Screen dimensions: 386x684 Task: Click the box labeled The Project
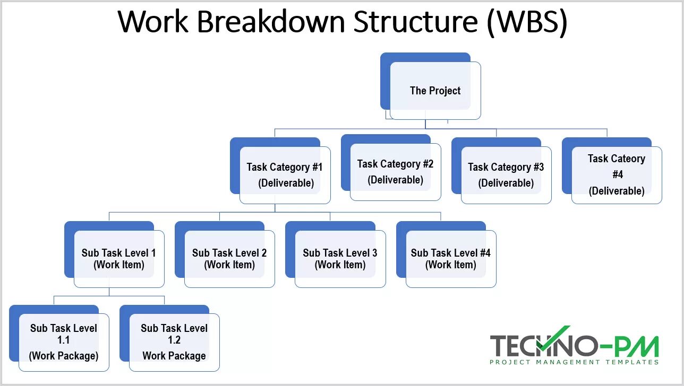(435, 91)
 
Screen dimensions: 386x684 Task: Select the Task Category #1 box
(285, 175)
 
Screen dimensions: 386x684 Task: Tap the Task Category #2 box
(395, 172)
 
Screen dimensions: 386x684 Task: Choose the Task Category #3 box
(506, 175)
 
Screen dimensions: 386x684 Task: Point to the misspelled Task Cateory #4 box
(616, 174)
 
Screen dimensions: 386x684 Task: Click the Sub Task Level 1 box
(118, 259)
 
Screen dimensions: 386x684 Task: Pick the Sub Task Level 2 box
(229, 259)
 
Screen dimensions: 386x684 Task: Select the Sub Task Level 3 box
(340, 259)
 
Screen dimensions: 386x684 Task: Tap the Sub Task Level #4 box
(450, 259)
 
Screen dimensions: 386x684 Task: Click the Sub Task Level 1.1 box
(64, 342)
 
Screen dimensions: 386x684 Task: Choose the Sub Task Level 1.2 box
(174, 342)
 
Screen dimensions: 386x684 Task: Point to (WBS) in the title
(527, 22)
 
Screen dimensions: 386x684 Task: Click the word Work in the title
(153, 22)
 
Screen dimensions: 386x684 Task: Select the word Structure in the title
(415, 22)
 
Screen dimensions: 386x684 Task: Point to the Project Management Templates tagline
(574, 362)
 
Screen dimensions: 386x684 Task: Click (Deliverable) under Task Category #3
(506, 183)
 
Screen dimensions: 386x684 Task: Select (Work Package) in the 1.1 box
(64, 356)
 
